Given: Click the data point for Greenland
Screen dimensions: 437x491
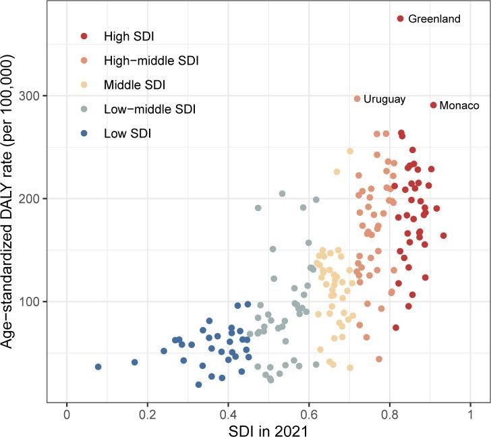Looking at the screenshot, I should pyautogui.click(x=400, y=19).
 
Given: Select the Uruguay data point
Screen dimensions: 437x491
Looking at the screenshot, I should pyautogui.click(x=357, y=99).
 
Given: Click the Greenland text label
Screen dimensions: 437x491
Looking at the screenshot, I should pyautogui.click(x=434, y=19).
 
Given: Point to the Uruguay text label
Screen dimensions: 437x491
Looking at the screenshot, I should pyautogui.click(x=384, y=99).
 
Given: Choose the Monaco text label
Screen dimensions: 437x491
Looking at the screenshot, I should pyautogui.click(x=459, y=106).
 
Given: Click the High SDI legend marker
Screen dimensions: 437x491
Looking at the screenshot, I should pyautogui.click(x=83, y=36).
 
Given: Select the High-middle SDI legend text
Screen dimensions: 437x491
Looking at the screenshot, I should pyautogui.click(x=151, y=61).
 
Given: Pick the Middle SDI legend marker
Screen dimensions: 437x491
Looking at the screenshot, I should pyautogui.click(x=83, y=85).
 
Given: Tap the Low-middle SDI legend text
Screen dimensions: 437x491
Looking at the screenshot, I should pyautogui.click(x=148, y=109).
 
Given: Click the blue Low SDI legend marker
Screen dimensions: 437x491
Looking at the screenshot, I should pyautogui.click(x=83, y=134).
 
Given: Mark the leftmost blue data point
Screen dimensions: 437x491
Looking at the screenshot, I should pyautogui.click(x=98, y=367).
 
